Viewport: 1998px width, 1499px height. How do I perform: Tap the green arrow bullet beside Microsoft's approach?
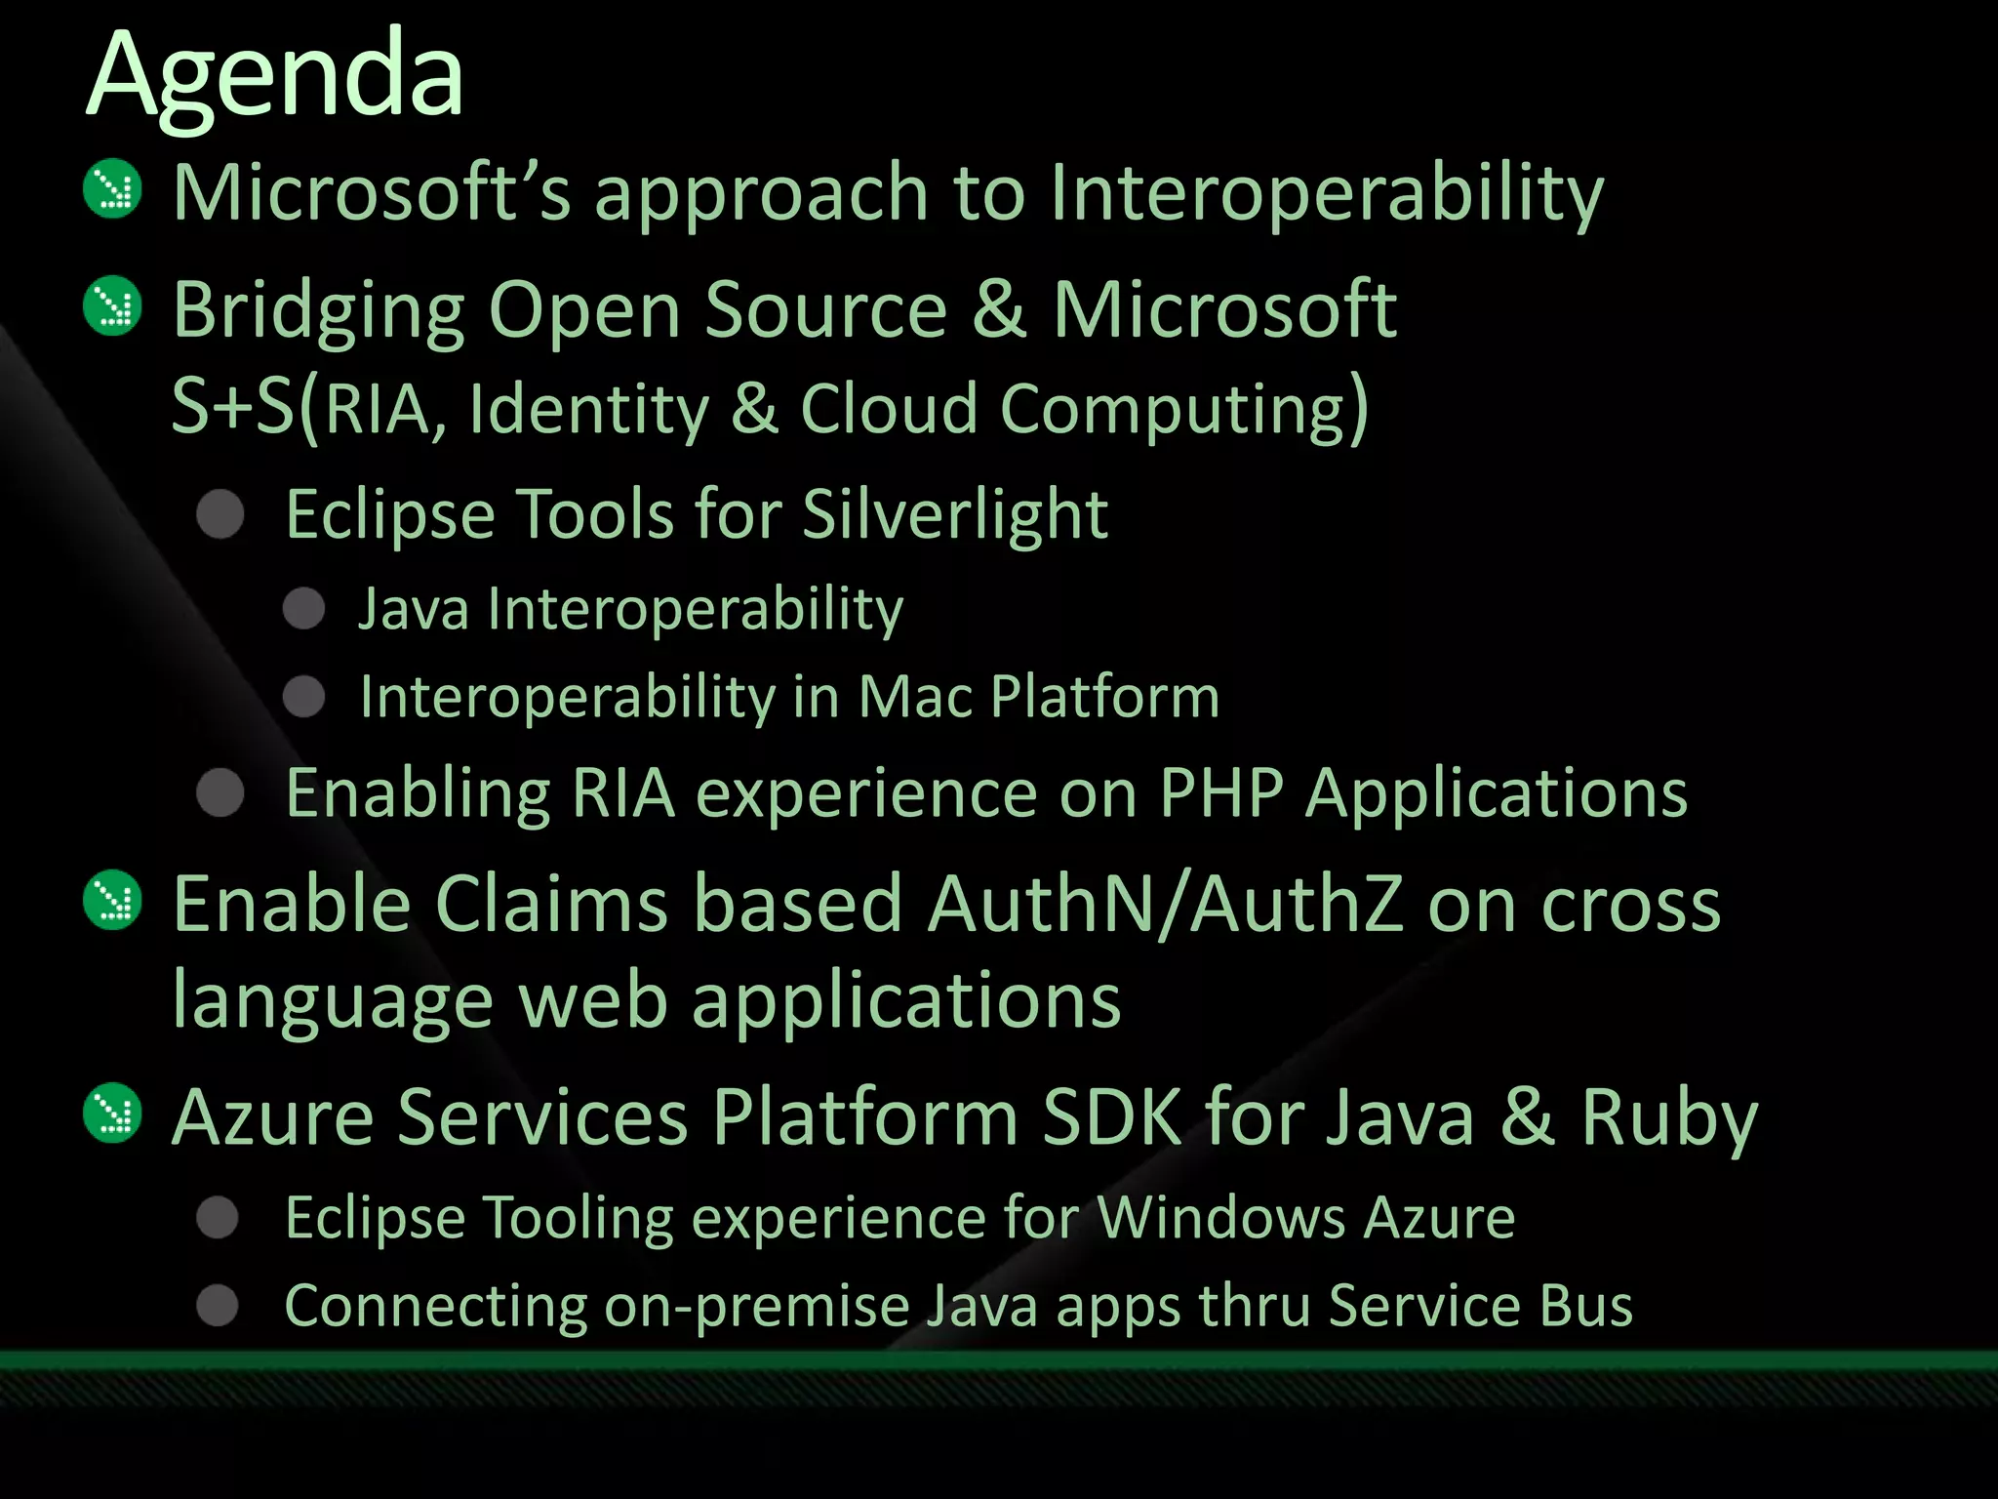pyautogui.click(x=113, y=188)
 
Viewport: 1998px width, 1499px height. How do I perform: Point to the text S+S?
pyautogui.click(x=232, y=407)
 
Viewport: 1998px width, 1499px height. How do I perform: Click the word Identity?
pyautogui.click(x=588, y=409)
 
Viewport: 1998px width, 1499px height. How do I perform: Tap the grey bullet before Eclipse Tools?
pyautogui.click(x=220, y=513)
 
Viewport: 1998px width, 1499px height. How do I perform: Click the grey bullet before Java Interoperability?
pyautogui.click(x=303, y=609)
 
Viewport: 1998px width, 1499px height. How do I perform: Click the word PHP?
pyautogui.click(x=1220, y=793)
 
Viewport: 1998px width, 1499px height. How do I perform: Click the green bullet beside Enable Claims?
pyautogui.click(x=113, y=900)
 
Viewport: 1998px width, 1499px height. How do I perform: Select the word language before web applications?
pyautogui.click(x=333, y=1002)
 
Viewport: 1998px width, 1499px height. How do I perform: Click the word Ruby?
pyautogui.click(x=1669, y=1118)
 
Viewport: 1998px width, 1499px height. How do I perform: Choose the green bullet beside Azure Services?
pyautogui.click(x=113, y=1113)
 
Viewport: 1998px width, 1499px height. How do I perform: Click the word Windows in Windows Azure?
pyautogui.click(x=1220, y=1218)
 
